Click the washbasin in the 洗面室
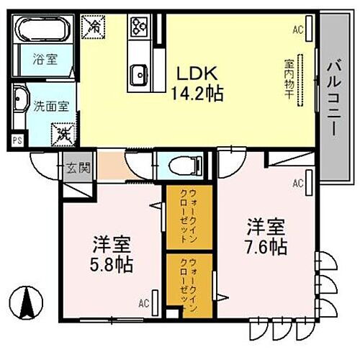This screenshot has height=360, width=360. (x=19, y=102)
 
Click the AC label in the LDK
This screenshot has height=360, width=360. (x=298, y=30)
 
